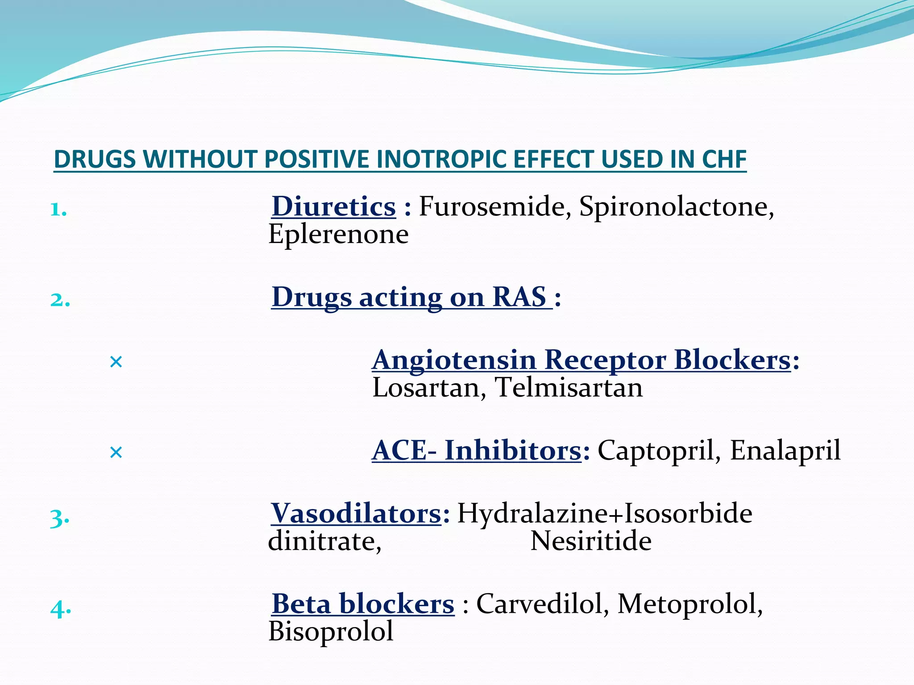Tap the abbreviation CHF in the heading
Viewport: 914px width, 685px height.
pos(724,159)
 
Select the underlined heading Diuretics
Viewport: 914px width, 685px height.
pos(334,207)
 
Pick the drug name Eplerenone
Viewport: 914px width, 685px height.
pos(338,235)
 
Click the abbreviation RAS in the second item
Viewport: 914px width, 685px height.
pos(519,297)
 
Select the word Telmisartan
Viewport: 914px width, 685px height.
pos(569,388)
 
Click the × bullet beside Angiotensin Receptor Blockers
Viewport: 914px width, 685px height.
pos(116,362)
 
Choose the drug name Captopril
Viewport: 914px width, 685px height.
pos(658,450)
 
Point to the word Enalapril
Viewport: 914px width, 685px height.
pos(785,450)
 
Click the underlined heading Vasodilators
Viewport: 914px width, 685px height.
pos(356,514)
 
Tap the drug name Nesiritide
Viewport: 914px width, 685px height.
pos(591,541)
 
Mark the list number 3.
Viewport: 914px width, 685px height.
pos(59,519)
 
